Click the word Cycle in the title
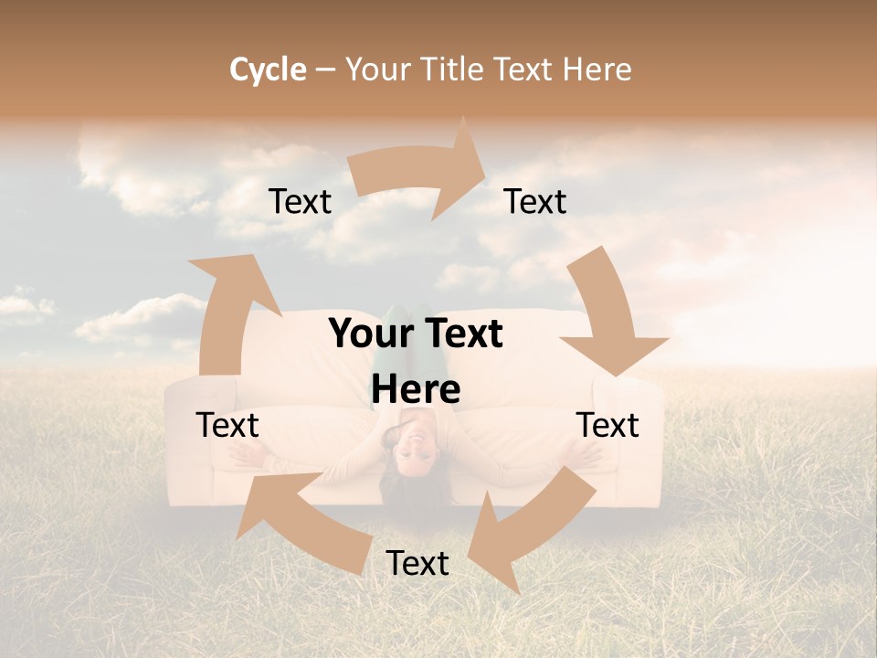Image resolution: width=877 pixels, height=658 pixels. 268,69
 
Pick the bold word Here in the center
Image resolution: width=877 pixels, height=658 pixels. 416,390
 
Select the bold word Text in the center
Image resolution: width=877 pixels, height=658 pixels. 460,334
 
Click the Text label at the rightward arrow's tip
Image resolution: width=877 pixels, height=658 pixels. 535,202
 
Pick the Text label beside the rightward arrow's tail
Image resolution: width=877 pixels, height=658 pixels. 300,202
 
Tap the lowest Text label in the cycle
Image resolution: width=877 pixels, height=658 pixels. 417,564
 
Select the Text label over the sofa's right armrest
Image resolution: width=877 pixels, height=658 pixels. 608,425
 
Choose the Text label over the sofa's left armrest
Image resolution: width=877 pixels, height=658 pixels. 227,425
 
